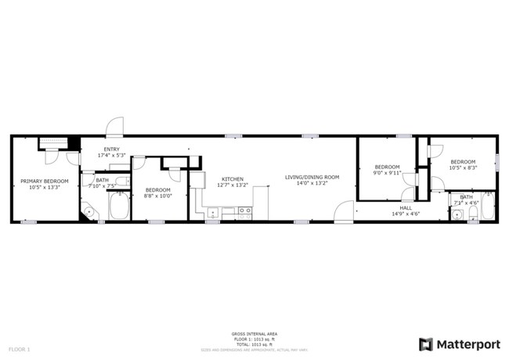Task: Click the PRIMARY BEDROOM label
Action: click(x=44, y=181)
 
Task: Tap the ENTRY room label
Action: click(x=111, y=149)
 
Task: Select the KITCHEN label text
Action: click(x=232, y=179)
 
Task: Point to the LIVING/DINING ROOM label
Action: click(x=312, y=178)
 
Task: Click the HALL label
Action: click(x=406, y=207)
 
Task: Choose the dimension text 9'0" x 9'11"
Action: click(x=387, y=172)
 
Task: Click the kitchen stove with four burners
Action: click(x=245, y=211)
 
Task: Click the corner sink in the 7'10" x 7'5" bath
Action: click(x=88, y=211)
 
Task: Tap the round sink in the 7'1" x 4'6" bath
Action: click(x=474, y=213)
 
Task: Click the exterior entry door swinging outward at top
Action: click(x=114, y=128)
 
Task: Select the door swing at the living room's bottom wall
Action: click(x=344, y=213)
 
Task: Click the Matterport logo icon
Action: click(x=426, y=344)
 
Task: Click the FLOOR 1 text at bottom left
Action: click(x=18, y=347)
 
